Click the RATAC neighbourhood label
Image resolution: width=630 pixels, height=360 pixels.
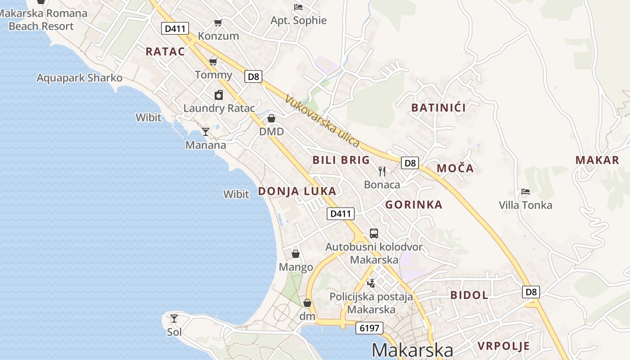coord(165,51)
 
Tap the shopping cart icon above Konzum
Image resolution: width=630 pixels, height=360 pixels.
coord(218,22)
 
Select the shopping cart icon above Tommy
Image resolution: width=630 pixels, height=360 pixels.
coord(213,62)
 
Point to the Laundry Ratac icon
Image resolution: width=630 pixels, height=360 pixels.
coord(219,95)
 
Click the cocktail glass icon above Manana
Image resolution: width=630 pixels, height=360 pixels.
coord(206,131)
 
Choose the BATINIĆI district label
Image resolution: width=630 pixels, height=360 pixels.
coord(439,108)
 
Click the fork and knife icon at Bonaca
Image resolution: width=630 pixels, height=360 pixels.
coord(382,171)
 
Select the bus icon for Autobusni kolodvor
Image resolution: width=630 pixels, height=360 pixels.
coord(374,233)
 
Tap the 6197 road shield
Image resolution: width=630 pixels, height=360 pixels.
coord(369,328)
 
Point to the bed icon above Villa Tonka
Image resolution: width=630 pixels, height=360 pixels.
coord(525,192)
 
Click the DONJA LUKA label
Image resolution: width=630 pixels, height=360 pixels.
coord(297,191)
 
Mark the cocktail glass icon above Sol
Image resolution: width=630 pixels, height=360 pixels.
coord(174,319)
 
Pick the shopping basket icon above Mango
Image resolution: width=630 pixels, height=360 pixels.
coord(296,254)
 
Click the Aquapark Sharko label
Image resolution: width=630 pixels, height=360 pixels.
coord(79,78)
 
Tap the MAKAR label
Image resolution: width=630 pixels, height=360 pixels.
coord(597,160)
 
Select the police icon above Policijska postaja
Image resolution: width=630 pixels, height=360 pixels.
coord(371,283)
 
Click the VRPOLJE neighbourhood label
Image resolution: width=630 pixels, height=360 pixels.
coord(504,346)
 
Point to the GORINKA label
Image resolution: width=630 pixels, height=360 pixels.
coord(414,205)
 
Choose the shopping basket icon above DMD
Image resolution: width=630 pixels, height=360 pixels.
coord(271,118)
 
